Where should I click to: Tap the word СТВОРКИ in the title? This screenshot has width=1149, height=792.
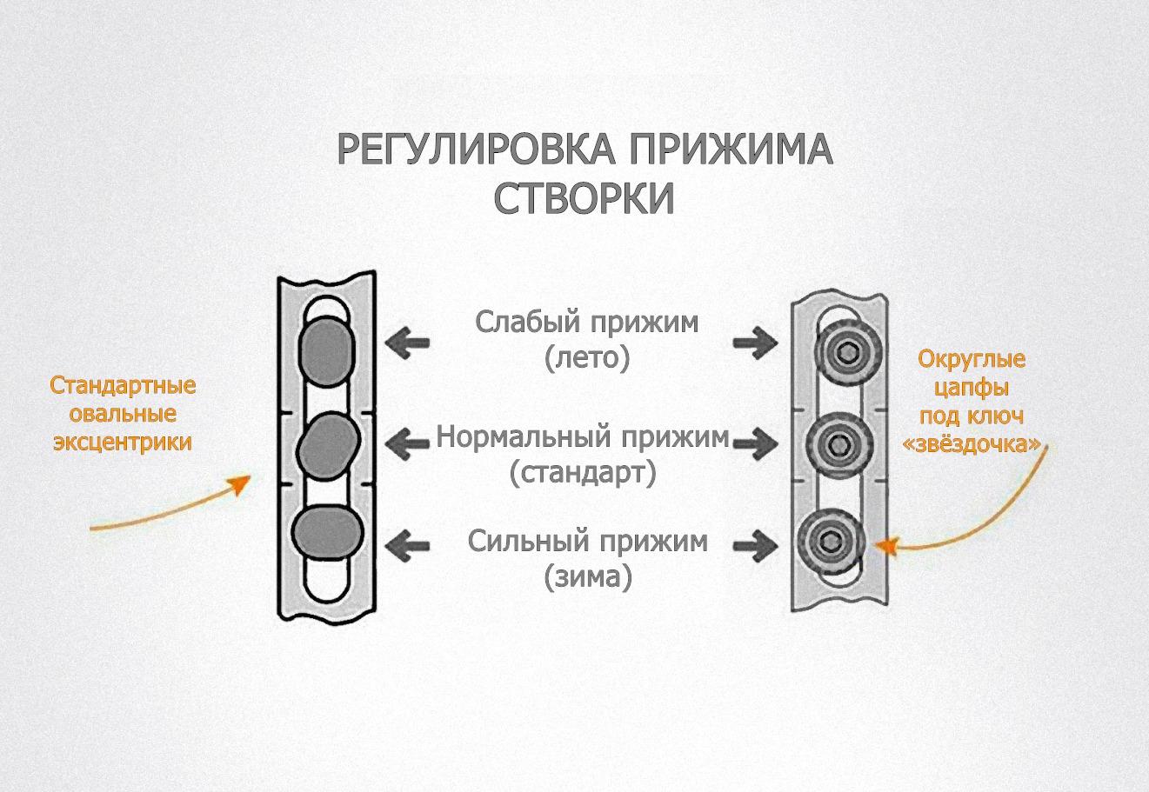coord(585,199)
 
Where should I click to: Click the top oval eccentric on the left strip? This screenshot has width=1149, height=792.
coord(326,349)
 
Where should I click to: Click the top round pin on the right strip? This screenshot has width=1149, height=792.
coord(842,352)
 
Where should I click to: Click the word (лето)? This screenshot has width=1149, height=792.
coord(587,358)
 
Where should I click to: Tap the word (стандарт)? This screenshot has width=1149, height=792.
coord(584,474)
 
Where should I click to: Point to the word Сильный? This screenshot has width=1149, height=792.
coord(522,542)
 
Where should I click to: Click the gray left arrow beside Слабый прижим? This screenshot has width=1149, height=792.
coord(408,343)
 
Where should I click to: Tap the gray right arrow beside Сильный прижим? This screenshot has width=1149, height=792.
coord(755,546)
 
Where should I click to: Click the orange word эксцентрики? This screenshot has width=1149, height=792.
coord(123,443)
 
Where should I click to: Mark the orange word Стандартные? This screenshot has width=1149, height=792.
coord(123,385)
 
